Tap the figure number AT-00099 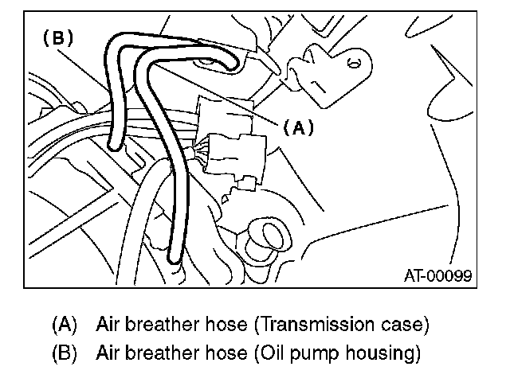pos(437,275)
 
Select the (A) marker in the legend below pos(64,325)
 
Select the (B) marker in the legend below pos(64,351)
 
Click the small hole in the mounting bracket pos(356,61)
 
